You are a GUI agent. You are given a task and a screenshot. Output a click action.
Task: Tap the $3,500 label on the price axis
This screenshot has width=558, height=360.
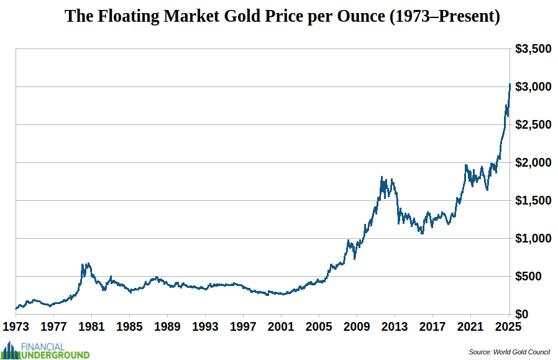[x=533, y=48]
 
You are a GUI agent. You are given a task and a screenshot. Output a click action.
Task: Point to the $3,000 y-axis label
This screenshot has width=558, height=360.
[x=533, y=86]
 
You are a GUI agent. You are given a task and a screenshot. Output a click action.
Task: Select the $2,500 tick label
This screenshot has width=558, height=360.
[x=533, y=124]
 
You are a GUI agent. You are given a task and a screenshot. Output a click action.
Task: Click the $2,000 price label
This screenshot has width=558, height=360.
[x=533, y=162]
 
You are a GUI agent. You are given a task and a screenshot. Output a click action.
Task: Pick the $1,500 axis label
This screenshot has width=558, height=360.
[x=533, y=200]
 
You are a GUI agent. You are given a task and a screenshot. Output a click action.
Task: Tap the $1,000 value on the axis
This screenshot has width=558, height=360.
[x=533, y=238]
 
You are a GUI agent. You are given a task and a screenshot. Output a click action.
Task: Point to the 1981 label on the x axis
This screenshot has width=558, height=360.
[x=91, y=326]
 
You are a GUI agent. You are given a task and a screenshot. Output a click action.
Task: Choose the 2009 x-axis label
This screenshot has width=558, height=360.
[x=357, y=326]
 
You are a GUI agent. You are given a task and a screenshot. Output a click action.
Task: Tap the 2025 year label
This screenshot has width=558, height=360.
[x=508, y=326]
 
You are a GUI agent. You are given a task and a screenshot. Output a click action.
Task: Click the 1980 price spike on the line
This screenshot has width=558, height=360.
[x=84, y=265]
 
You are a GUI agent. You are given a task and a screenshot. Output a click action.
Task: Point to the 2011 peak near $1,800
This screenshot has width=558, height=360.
[x=382, y=178]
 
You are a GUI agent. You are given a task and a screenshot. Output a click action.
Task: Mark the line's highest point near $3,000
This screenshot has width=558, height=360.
[x=510, y=85]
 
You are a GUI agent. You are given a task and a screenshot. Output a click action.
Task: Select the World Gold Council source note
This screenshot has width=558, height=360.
[x=509, y=352]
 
